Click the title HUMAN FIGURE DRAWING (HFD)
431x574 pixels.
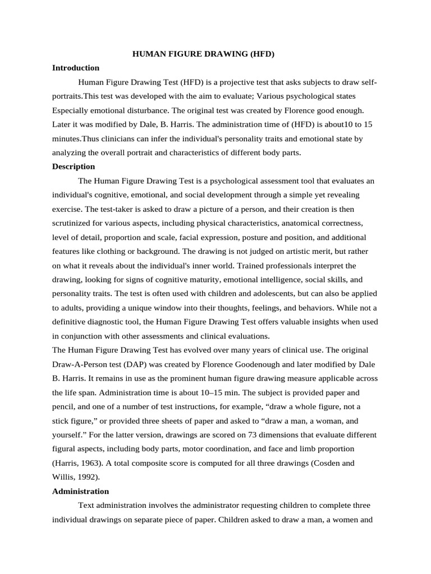click(203, 54)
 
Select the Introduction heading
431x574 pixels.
click(76, 68)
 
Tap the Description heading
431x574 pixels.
click(74, 166)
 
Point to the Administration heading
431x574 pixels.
click(80, 491)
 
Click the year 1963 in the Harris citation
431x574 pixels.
click(91, 463)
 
